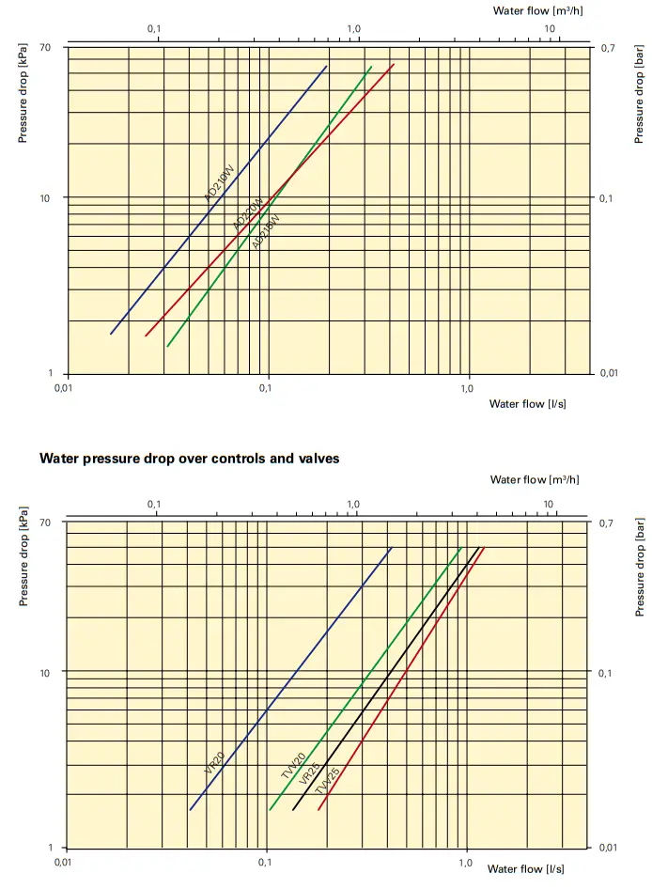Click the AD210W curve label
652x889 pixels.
[x=219, y=183]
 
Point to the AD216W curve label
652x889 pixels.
[x=266, y=231]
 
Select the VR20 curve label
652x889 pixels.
[x=214, y=762]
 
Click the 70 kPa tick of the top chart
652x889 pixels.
[x=44, y=47]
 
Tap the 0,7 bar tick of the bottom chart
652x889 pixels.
[x=607, y=522]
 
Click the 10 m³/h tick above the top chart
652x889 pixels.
[x=551, y=29]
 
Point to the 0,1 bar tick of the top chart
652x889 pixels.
[x=607, y=198]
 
